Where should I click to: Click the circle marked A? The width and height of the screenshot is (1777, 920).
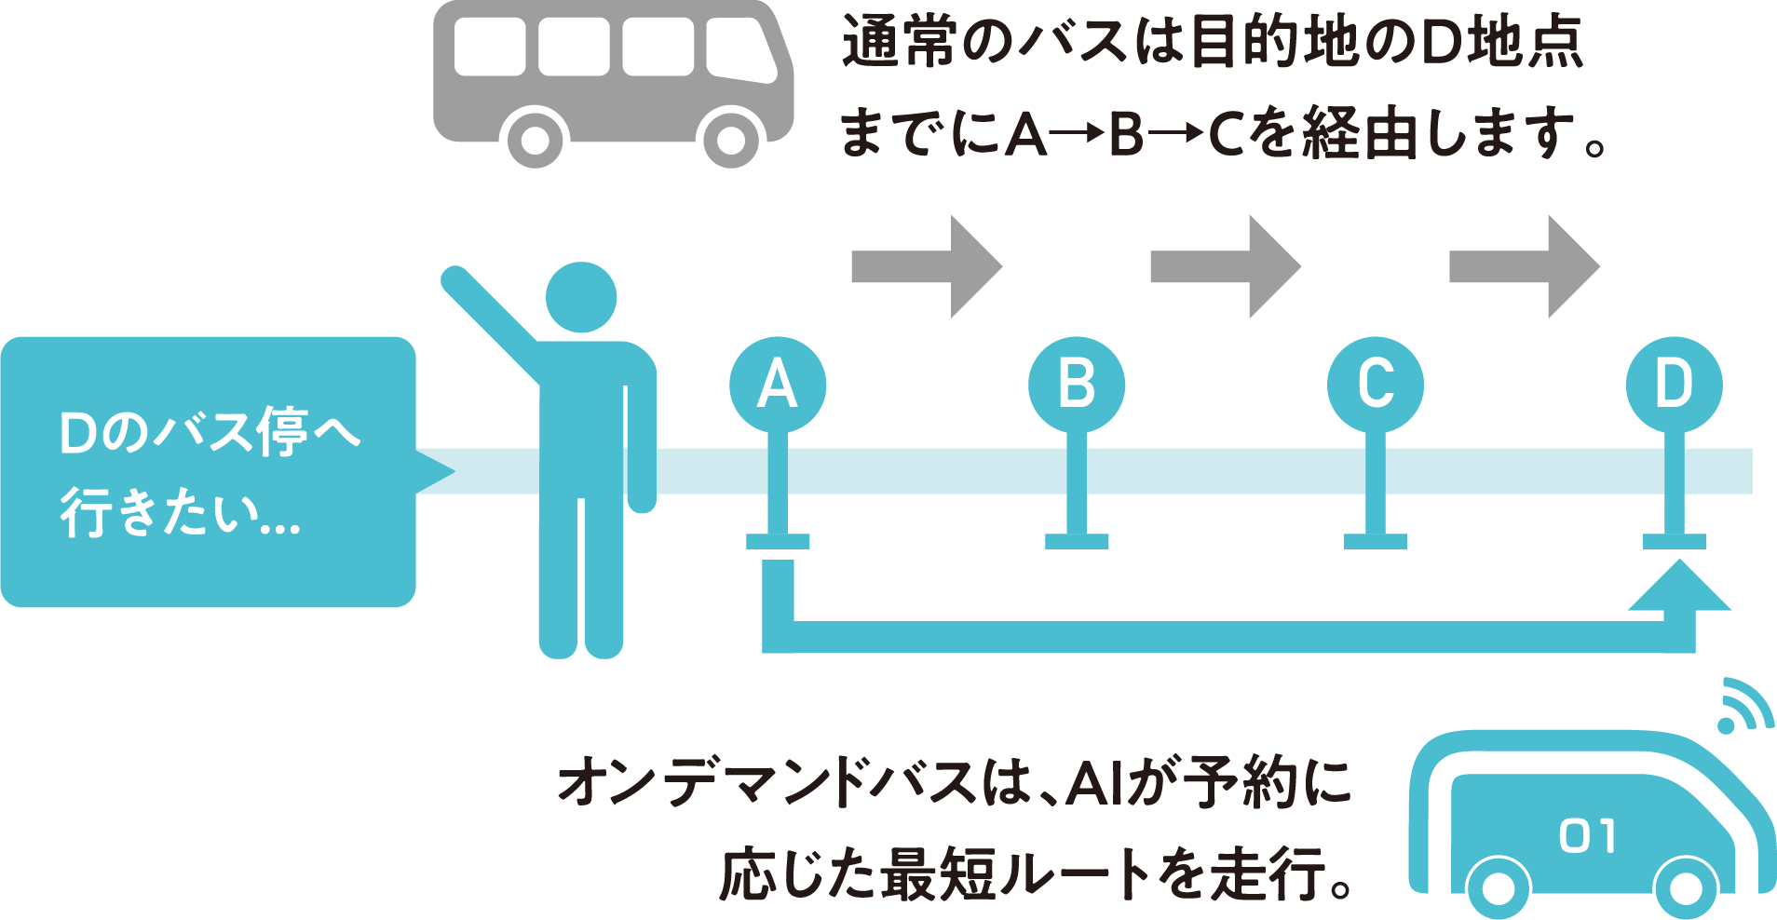coord(778,385)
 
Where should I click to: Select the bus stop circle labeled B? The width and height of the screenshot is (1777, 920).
coord(1077,385)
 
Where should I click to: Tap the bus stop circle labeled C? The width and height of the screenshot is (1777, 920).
coord(1376,385)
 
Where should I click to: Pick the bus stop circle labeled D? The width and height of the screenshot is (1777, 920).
coord(1675,385)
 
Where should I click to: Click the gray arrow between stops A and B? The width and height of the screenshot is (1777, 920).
coord(927,266)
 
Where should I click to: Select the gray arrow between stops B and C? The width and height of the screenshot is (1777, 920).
coord(1226,266)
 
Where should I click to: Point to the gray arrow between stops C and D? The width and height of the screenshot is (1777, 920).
coord(1525,266)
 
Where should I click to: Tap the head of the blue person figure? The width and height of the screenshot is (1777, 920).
coord(581,297)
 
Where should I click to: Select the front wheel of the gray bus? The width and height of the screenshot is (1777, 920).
coord(731,140)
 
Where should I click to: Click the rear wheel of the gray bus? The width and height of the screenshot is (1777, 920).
coord(535,140)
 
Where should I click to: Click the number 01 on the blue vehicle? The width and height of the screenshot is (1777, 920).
coord(1588,835)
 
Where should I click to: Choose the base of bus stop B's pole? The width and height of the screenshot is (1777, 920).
coord(1077,541)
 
